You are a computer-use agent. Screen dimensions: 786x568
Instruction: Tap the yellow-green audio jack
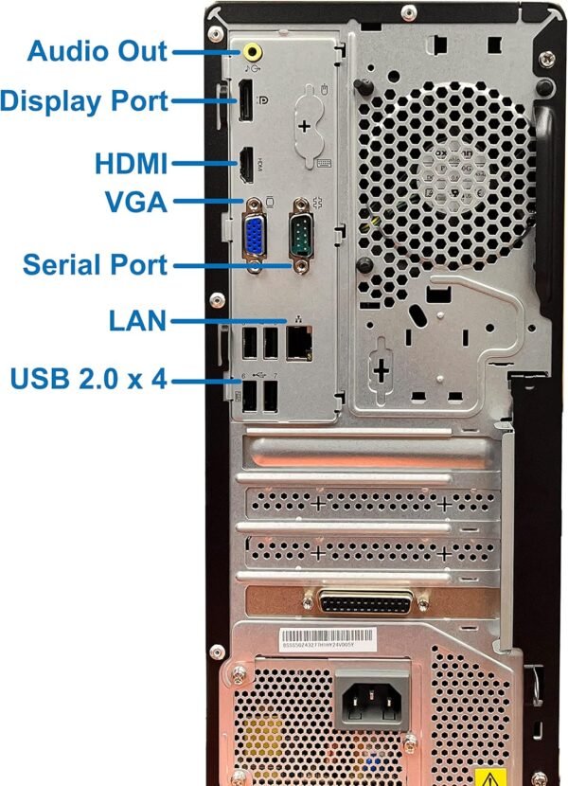click(x=253, y=50)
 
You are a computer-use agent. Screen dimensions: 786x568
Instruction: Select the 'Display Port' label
click(x=84, y=100)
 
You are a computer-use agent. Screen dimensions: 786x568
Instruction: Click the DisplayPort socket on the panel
click(x=244, y=101)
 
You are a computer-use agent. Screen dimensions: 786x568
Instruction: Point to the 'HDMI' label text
click(x=131, y=164)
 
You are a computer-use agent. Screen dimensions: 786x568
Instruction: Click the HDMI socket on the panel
click(x=245, y=167)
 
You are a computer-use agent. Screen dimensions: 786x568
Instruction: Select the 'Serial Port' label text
click(x=95, y=264)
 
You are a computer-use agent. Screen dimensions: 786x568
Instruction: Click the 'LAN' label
click(x=137, y=322)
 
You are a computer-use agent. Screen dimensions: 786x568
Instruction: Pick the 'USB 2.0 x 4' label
click(x=88, y=380)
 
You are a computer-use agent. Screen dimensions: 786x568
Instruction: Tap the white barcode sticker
click(x=328, y=637)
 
